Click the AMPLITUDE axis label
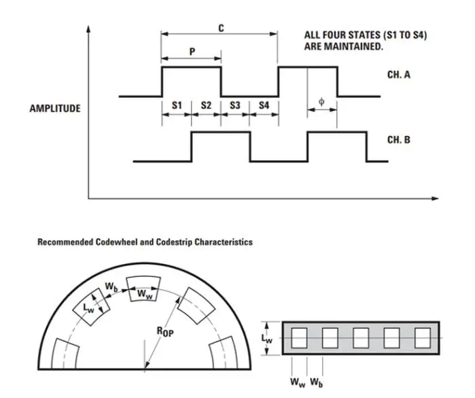tap(55, 108)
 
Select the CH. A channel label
tap(399, 75)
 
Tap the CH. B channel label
tap(399, 140)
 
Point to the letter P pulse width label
tap(192, 52)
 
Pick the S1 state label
tap(177, 105)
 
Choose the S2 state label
tap(207, 105)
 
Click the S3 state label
tap(235, 105)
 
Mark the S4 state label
tap(264, 105)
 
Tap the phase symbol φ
tap(321, 103)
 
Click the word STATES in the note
tap(357, 35)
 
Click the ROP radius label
tap(165, 331)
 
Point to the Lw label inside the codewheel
tap(89, 308)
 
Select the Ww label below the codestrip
tap(298, 382)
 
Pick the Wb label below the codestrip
tap(316, 382)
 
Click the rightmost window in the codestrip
tap(422, 337)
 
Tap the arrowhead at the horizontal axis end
tap(436, 199)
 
